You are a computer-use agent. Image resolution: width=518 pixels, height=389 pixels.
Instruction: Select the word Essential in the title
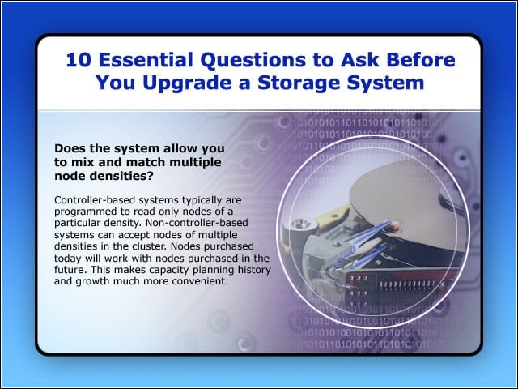pyautogui.click(x=146, y=60)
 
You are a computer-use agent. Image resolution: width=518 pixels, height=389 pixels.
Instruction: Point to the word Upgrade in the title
pyautogui.click(x=187, y=83)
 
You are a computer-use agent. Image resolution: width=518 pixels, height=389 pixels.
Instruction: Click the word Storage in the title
pyautogui.click(x=299, y=83)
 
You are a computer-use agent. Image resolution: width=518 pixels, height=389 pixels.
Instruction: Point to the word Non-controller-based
pyautogui.click(x=197, y=223)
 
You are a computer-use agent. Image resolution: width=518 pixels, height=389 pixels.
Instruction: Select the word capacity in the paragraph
pyautogui.click(x=169, y=270)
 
